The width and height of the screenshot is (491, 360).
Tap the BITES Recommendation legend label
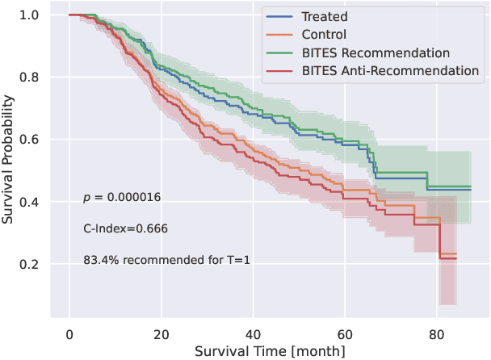376,53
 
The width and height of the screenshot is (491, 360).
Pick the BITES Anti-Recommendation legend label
391,71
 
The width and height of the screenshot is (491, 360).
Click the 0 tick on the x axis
69,333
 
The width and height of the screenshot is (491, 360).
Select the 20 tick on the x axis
161,333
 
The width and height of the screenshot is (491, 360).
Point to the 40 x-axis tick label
253,333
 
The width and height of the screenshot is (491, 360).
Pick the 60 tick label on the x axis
345,333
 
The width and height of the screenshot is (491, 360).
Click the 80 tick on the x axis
436,333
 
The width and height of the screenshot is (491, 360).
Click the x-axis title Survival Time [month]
270,351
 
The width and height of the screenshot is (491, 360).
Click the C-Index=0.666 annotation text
125,228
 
